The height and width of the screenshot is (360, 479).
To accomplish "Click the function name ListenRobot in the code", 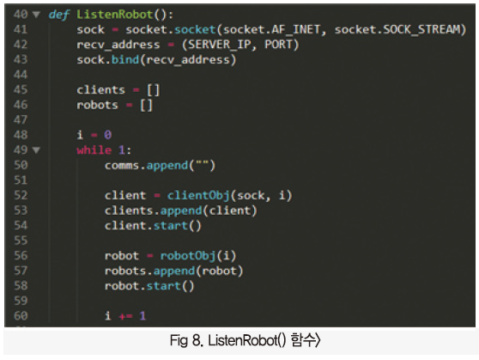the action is [114, 15].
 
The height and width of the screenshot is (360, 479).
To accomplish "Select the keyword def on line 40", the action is [59, 15].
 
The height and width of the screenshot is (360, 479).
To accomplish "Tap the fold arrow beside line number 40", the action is [36, 15].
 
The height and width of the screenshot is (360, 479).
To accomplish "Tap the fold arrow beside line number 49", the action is [36, 149].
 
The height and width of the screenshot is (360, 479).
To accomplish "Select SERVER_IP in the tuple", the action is [220, 45].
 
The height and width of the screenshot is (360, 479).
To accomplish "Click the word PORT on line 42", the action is [278, 45].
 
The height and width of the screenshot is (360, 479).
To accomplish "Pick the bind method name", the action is [125, 59].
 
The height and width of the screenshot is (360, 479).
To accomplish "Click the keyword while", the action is [94, 149].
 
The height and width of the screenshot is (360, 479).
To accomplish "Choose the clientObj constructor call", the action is [198, 195].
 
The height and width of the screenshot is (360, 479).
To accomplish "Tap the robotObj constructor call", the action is [188, 256].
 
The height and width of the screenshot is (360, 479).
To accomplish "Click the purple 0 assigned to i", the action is [108, 135].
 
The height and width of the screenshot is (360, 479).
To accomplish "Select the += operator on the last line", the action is [125, 316].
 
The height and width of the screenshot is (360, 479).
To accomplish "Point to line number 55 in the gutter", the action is [21, 241].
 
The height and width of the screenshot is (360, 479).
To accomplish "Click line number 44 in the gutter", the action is [21, 75].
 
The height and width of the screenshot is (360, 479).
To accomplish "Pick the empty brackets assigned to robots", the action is [146, 105].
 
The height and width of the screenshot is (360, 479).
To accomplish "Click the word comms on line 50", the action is [122, 166].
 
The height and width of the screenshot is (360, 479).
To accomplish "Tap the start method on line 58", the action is [163, 285].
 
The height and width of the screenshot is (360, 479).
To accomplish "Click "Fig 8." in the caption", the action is [186, 340].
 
